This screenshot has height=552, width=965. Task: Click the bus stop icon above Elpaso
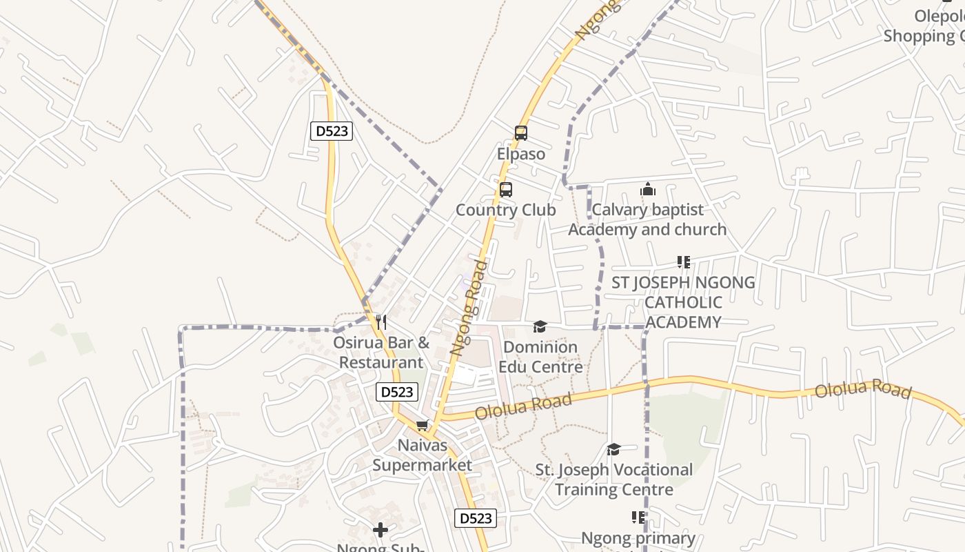click(520, 133)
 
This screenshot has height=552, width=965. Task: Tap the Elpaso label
click(520, 154)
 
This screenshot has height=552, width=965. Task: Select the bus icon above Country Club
click(506, 189)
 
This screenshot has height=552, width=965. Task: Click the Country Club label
click(506, 210)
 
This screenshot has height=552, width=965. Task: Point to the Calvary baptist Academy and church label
click(647, 219)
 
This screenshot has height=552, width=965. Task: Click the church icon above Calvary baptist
click(648, 189)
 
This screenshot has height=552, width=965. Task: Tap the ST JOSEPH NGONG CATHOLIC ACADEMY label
click(683, 302)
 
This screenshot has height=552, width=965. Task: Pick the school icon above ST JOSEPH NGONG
click(683, 262)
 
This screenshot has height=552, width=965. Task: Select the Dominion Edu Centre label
click(540, 357)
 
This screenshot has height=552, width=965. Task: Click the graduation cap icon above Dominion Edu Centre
click(540, 326)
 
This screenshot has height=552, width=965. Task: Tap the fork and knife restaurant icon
click(380, 322)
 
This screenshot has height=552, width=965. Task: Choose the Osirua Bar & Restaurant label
click(381, 352)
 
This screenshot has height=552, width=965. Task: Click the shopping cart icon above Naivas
click(423, 425)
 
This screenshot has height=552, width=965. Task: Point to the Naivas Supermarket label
click(423, 455)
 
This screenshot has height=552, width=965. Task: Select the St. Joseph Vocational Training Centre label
click(614, 480)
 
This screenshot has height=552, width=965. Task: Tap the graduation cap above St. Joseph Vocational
click(613, 450)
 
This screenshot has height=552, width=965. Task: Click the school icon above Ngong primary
click(638, 517)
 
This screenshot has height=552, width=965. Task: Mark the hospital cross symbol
click(380, 530)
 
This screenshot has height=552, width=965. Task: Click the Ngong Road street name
click(469, 308)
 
